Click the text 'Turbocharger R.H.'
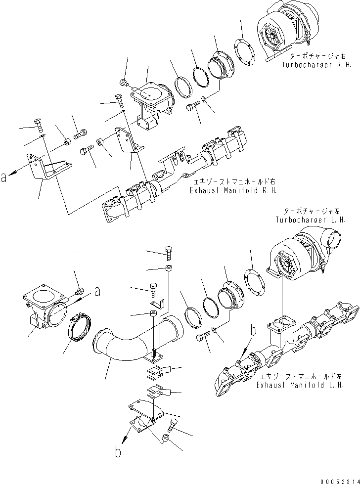[314, 65]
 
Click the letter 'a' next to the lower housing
[98, 292]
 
